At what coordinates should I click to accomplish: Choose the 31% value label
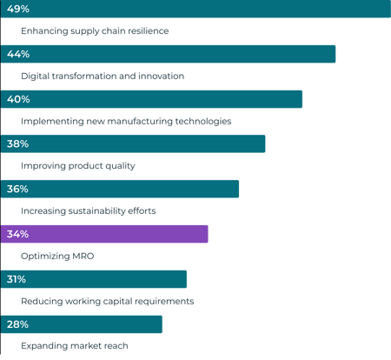point(17,279)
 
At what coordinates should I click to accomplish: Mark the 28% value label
point(17,324)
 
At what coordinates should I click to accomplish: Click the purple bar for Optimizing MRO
point(113,234)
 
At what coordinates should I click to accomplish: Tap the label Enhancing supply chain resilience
point(94,30)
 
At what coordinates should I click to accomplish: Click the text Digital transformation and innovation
point(102,76)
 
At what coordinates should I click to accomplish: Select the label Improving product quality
point(77,166)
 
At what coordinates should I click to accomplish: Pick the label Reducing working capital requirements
point(106,301)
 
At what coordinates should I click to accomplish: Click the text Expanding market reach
point(74,346)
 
